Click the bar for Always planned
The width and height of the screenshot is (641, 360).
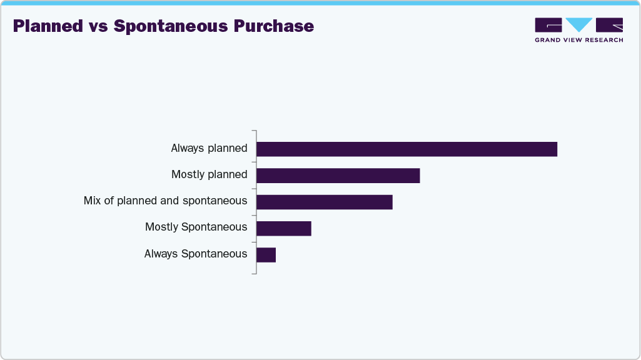pos(406,149)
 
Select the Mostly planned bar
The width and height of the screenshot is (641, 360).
pos(338,176)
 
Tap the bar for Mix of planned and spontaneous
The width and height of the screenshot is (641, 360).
pos(324,202)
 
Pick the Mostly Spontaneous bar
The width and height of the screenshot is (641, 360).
pos(283,229)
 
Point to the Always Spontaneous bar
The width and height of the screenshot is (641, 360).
pos(266,255)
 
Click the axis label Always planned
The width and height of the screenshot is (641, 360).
pos(209,149)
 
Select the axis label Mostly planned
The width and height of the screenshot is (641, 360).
pos(209,175)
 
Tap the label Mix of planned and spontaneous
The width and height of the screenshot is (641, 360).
pos(165,201)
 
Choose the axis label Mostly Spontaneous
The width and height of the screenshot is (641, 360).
pos(196,227)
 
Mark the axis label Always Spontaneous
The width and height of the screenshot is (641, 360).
pos(195,254)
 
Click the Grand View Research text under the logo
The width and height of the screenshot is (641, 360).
pos(578,40)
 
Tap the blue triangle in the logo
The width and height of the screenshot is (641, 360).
pos(578,24)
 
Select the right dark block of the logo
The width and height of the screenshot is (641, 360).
pos(609,24)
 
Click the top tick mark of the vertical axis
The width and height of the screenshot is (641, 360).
pos(253,131)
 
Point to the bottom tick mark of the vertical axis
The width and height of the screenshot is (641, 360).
pos(253,273)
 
